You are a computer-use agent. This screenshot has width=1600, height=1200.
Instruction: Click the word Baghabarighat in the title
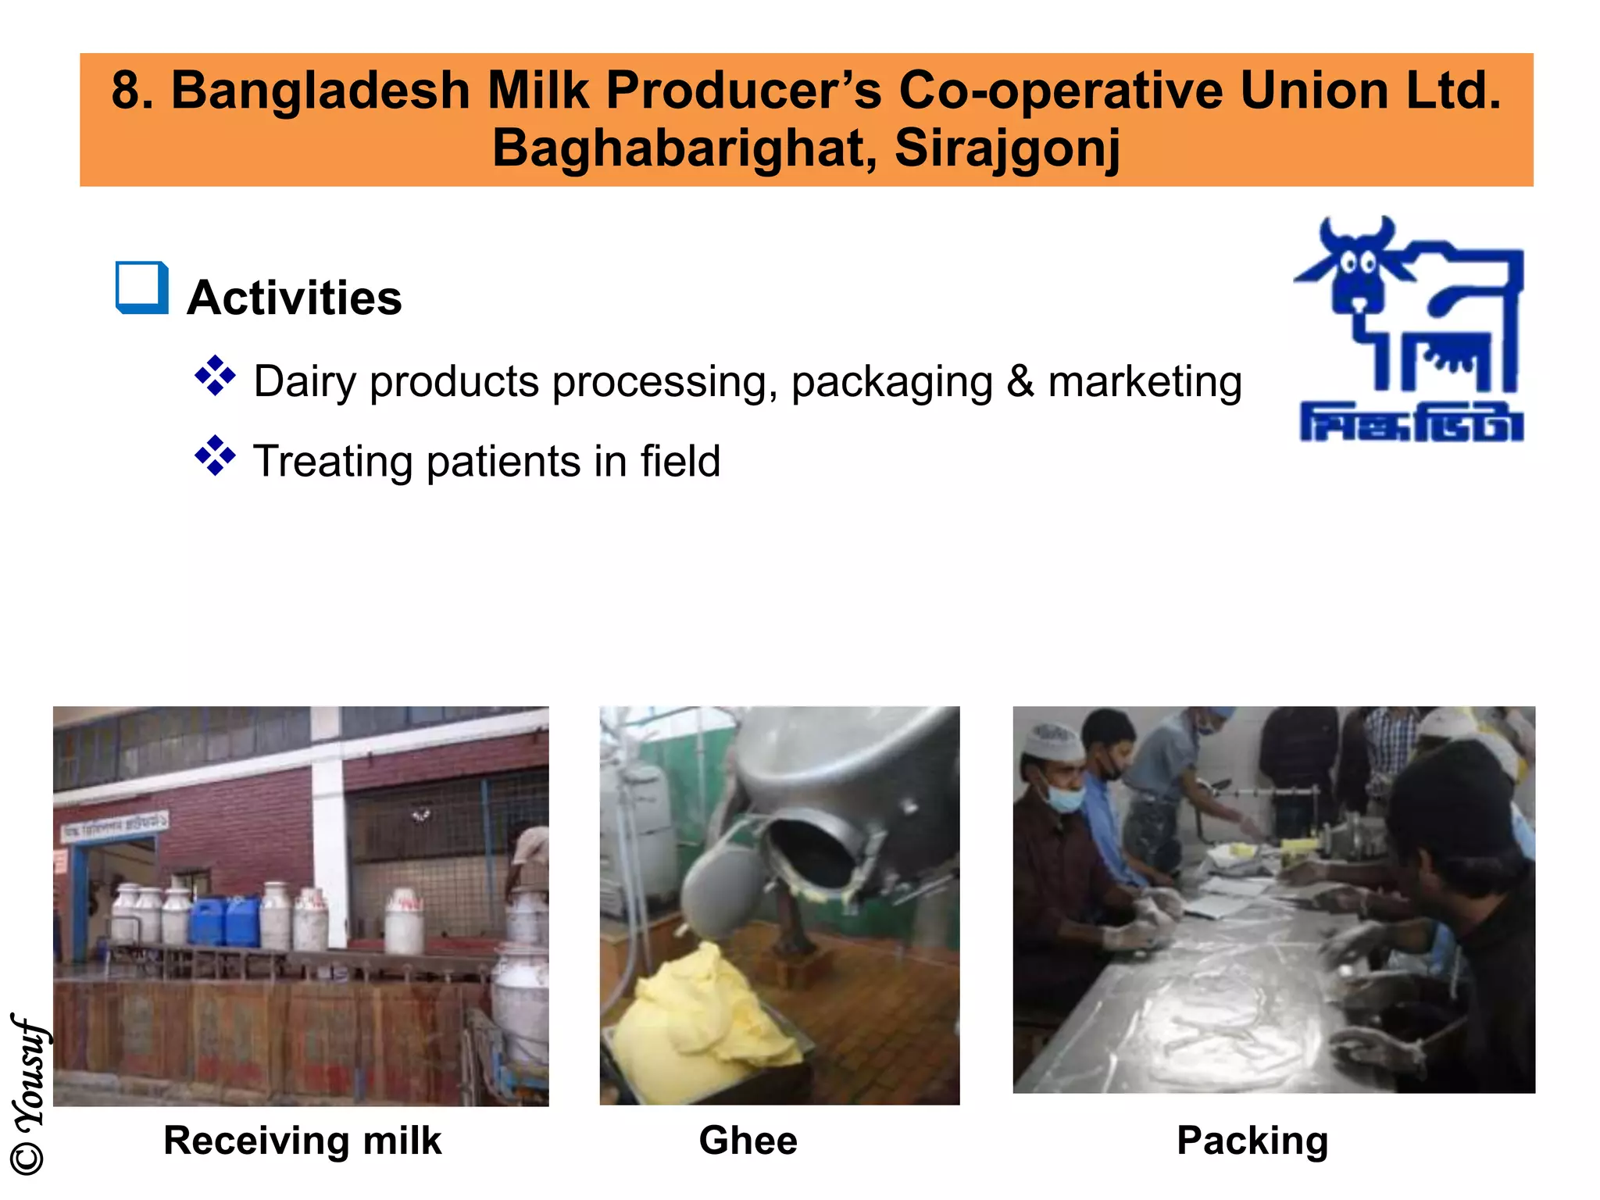[x=683, y=148]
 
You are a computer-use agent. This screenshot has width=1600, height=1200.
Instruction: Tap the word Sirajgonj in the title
[x=1007, y=148]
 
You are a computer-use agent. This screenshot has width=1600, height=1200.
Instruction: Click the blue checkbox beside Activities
[x=141, y=287]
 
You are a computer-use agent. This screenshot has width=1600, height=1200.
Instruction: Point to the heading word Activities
[x=295, y=298]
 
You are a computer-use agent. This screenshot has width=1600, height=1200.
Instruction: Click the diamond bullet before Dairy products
[x=215, y=377]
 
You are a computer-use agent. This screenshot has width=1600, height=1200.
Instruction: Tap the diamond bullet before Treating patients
[x=215, y=456]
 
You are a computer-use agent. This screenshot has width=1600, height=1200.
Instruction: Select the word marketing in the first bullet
[x=1144, y=382]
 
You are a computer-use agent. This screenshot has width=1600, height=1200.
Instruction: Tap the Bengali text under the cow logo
[x=1411, y=423]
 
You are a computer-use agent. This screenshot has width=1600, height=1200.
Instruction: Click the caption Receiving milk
[x=302, y=1141]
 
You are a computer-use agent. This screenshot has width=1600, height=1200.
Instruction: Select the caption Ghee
[x=748, y=1141]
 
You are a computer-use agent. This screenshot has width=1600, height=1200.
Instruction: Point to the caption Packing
[x=1252, y=1141]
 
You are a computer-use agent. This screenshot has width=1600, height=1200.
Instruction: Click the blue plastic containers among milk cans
[x=225, y=922]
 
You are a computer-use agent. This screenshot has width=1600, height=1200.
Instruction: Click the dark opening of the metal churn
[x=812, y=852]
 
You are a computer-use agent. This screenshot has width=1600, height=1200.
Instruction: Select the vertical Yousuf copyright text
[x=28, y=1094]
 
